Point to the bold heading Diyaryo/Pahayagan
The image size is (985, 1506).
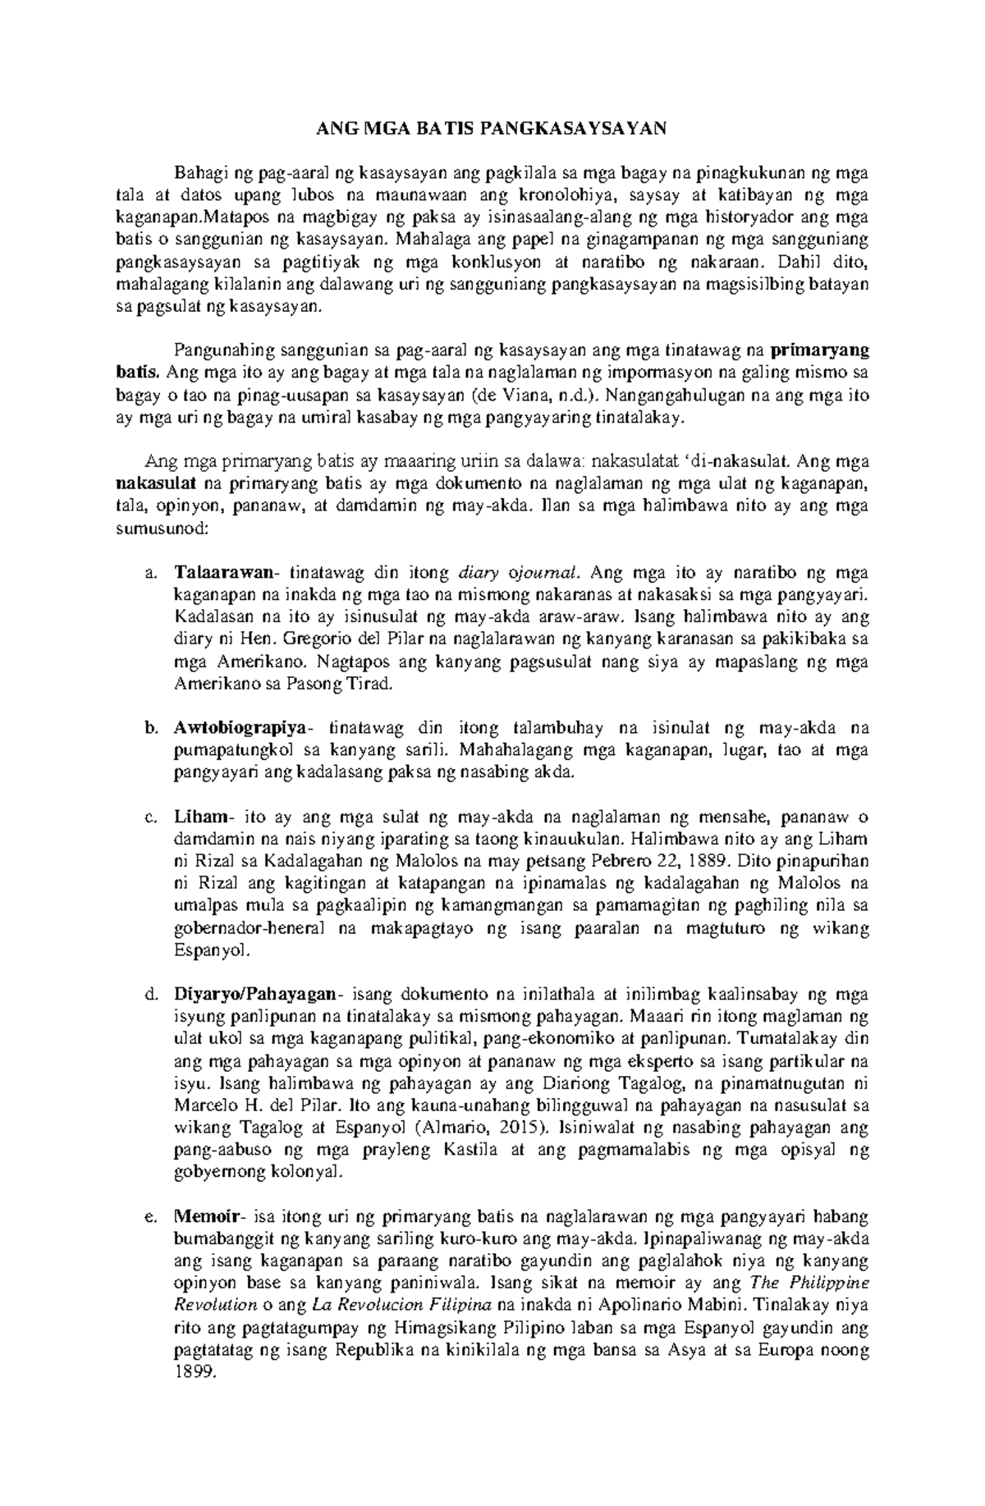click(254, 996)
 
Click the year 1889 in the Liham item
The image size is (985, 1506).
click(711, 863)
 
